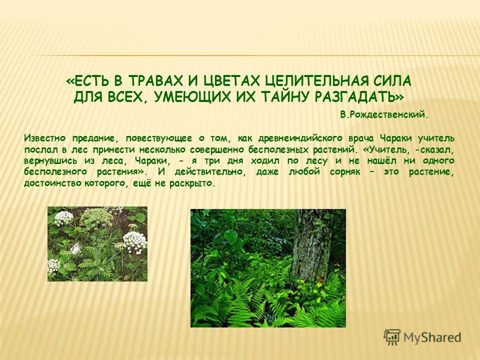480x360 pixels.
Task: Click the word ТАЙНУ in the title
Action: pyautogui.click(x=285, y=97)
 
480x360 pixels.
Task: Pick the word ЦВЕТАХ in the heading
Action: pyautogui.click(x=231, y=81)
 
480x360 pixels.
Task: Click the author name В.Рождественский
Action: pyautogui.click(x=384, y=115)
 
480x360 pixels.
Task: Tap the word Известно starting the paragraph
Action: pyautogui.click(x=44, y=138)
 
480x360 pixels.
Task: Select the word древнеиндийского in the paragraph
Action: pyautogui.click(x=300, y=138)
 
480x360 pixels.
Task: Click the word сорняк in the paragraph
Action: pyautogui.click(x=345, y=171)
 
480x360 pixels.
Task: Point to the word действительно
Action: pyautogui.click(x=210, y=171)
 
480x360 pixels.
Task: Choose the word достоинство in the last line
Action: pyautogui.click(x=53, y=183)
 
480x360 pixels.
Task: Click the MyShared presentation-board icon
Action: pyautogui.click(x=392, y=337)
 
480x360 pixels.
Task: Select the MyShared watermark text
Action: pyautogui.click(x=432, y=337)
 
